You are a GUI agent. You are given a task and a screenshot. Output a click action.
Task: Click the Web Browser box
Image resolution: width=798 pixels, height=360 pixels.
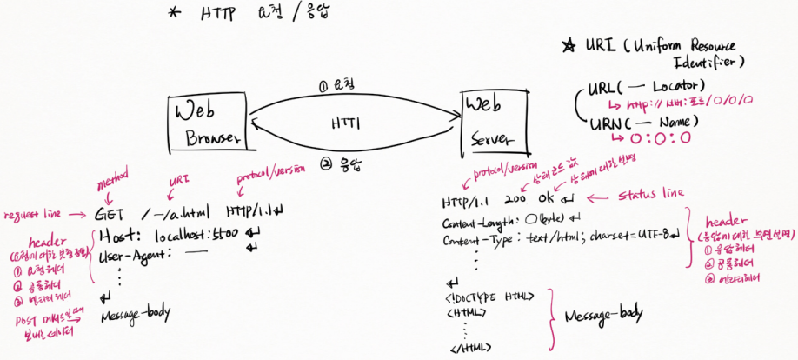[207, 124]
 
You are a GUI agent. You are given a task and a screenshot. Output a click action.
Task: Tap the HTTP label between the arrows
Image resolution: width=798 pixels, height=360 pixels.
[357, 125]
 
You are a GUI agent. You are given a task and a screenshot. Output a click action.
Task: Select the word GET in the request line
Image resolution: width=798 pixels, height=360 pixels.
[110, 214]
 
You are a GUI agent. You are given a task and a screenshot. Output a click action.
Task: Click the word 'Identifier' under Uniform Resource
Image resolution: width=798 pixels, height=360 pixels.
[707, 63]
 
